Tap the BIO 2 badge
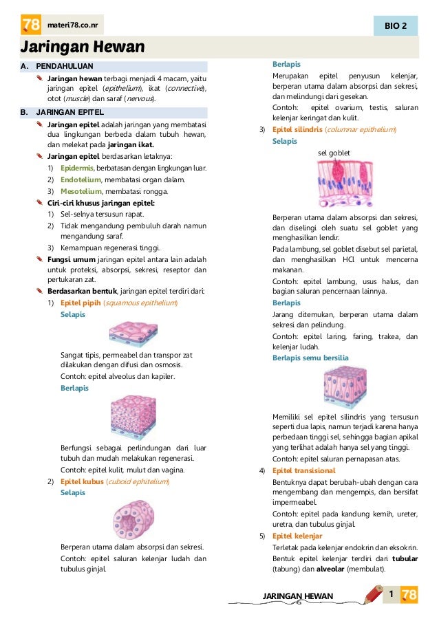coord(395,26)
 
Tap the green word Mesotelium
coord(81,191)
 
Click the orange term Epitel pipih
coord(81,303)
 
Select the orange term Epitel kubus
coord(81,481)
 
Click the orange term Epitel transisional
coord(303,470)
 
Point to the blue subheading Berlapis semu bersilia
coord(310,358)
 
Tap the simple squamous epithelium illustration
coord(134,335)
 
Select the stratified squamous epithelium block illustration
coord(133,418)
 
